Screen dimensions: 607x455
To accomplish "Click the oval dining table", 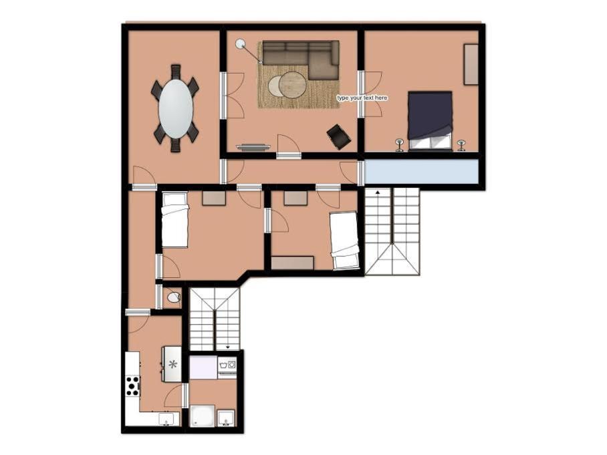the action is (175, 109).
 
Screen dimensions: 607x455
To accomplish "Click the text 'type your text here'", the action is (362, 98).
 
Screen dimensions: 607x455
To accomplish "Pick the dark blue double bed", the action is (430, 120).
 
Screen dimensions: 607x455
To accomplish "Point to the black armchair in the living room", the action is (339, 136).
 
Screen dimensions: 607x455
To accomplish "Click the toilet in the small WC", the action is (174, 297).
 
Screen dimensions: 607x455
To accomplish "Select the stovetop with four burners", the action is (132, 386).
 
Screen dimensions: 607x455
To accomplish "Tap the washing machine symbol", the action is (227, 367).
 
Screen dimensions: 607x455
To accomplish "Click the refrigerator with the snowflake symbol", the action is (172, 363).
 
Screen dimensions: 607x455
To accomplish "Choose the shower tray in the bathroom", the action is (203, 416).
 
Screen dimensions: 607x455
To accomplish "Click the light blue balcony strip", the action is (421, 172).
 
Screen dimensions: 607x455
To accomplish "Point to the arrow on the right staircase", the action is (378, 191).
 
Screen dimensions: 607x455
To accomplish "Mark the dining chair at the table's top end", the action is (176, 71).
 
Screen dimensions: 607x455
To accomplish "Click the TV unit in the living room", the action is (253, 146).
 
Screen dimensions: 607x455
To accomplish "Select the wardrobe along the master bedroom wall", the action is (471, 64).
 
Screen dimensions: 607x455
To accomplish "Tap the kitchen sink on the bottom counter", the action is (167, 419).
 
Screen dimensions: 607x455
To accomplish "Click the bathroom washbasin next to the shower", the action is (226, 418).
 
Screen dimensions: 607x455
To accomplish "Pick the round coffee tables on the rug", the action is (287, 85).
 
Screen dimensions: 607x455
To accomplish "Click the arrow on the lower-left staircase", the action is (227, 347).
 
